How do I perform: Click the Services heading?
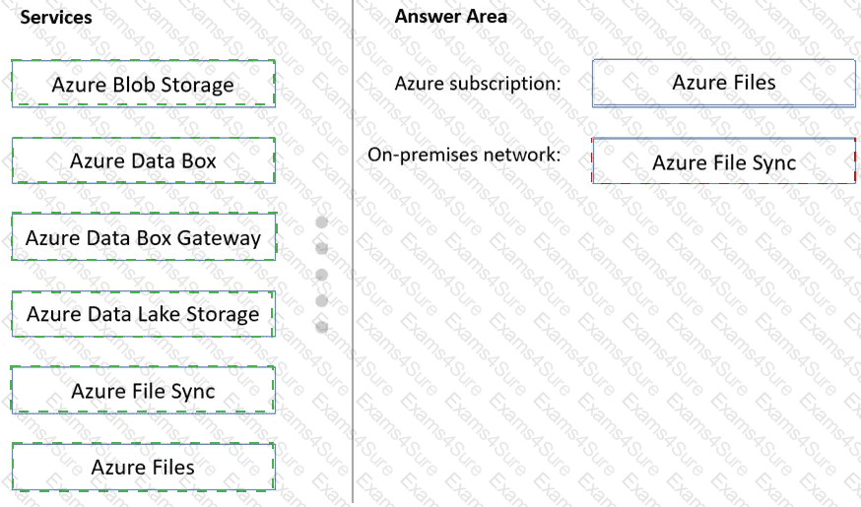point(56,17)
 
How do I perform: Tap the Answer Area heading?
point(451,17)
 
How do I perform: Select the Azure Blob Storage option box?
point(143,84)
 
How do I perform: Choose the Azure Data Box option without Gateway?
point(143,160)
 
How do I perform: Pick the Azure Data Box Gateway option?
point(143,236)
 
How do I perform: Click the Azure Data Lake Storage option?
point(143,314)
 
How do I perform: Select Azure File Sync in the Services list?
point(143,390)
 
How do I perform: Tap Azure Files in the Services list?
point(143,467)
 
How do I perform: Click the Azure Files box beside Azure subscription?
point(724,83)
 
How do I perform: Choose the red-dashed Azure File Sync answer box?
point(724,160)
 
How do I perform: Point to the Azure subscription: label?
point(478,84)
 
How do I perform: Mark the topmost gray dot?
point(322,222)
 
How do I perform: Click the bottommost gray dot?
point(322,327)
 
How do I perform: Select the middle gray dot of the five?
point(322,275)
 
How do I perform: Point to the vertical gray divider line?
point(353,251)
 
